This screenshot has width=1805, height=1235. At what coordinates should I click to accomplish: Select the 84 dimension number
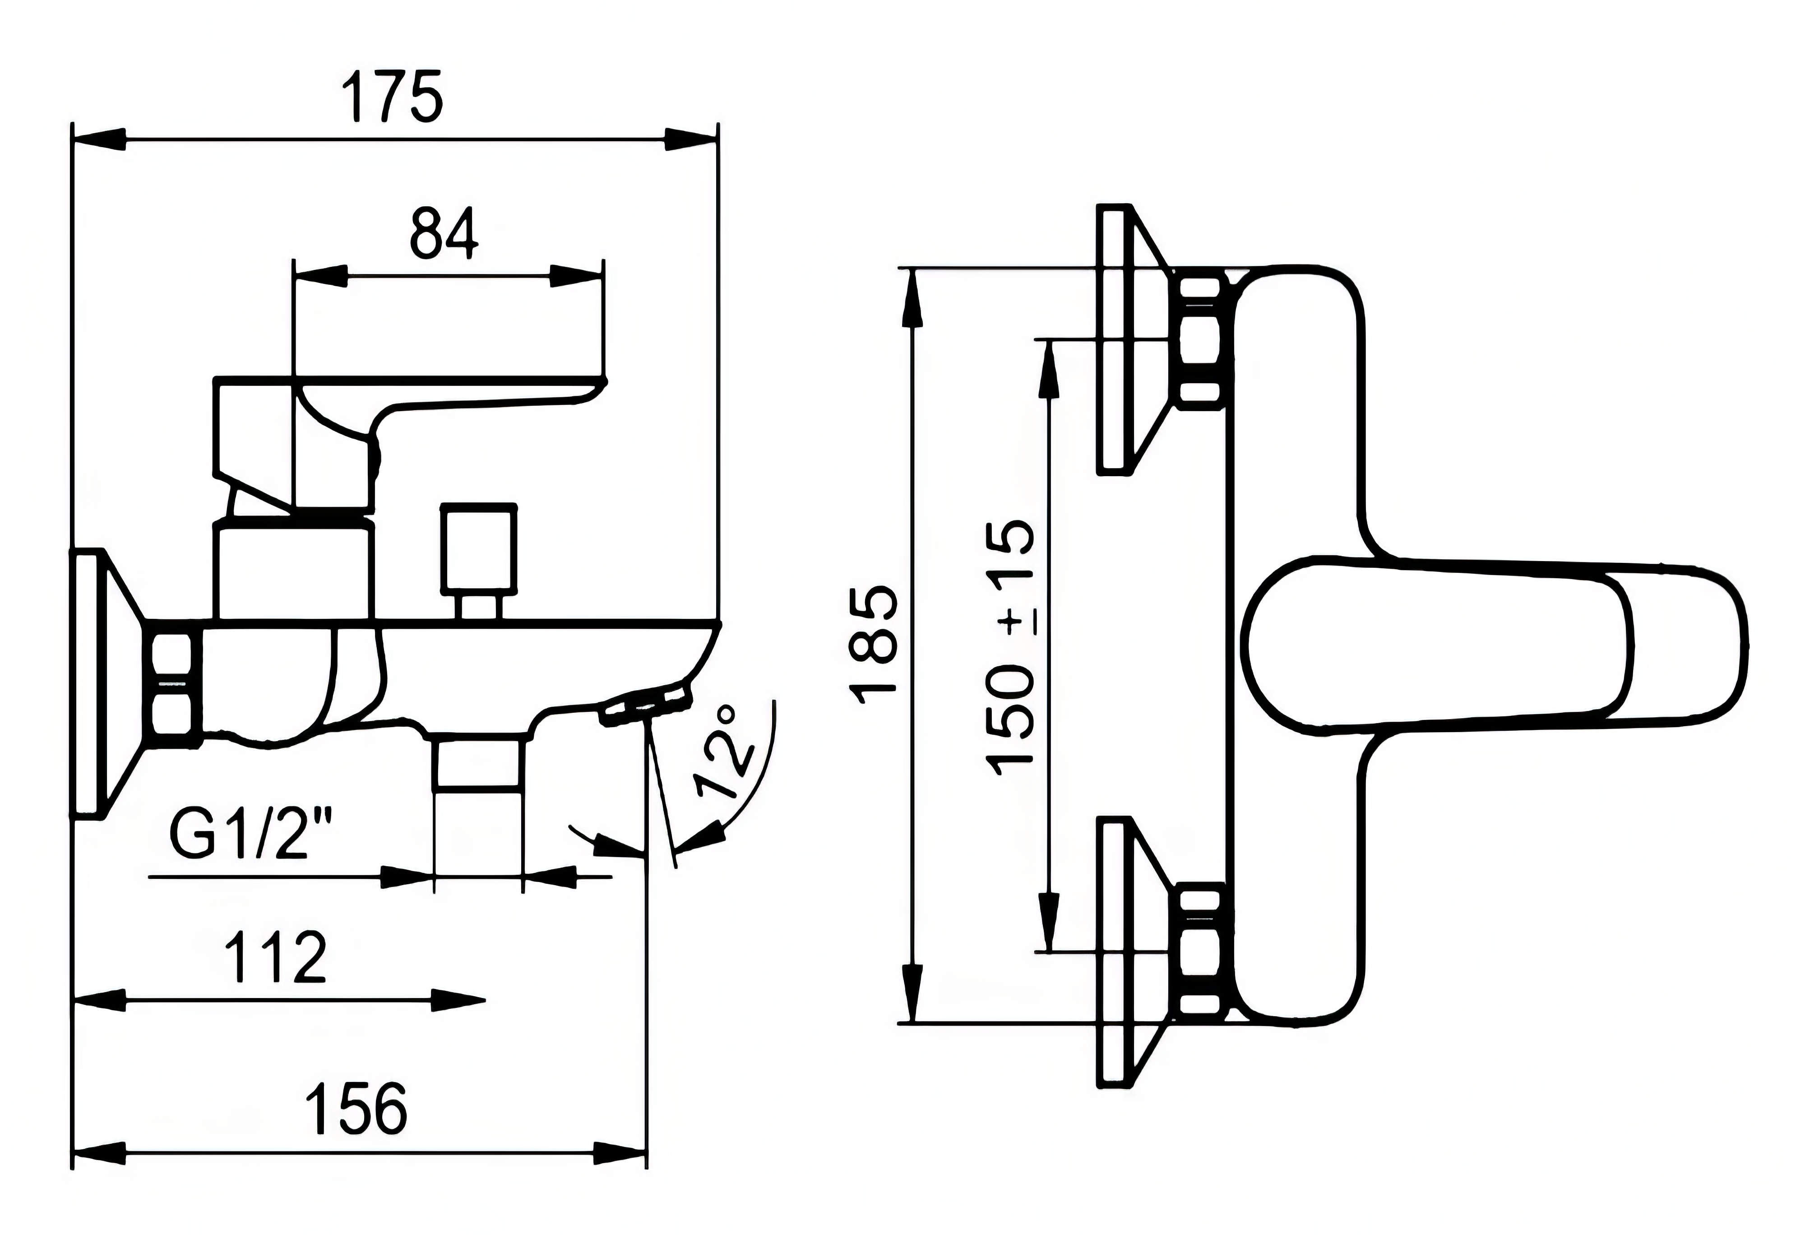click(x=444, y=232)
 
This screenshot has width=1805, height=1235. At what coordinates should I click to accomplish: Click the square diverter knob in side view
click(x=478, y=547)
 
